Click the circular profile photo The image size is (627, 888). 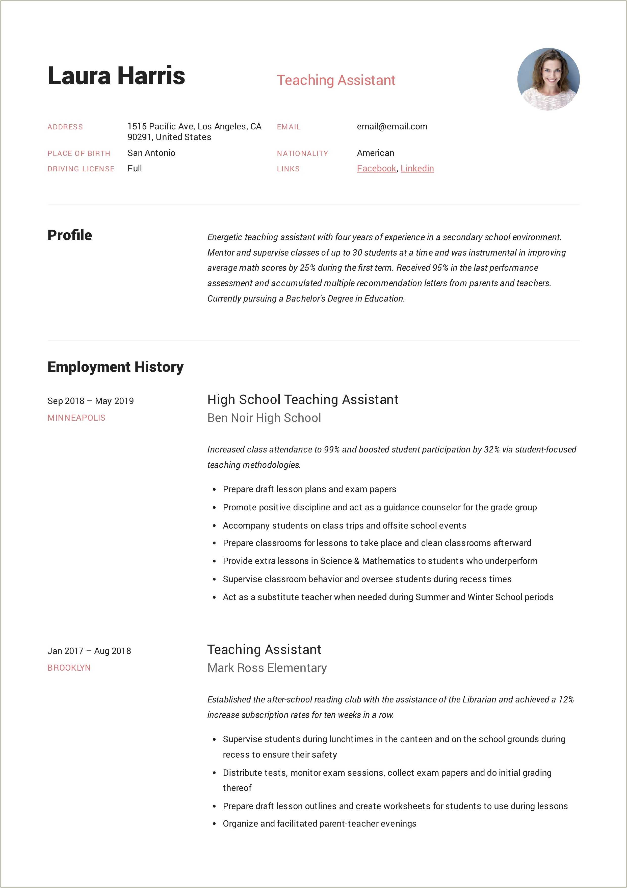[x=548, y=79]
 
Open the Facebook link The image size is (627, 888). [x=376, y=168]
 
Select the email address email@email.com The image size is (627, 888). [x=392, y=126]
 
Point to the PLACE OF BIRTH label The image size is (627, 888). [x=79, y=153]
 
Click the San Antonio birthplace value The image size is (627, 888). [x=151, y=153]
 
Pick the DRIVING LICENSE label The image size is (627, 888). [x=81, y=169]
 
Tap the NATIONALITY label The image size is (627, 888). [x=302, y=153]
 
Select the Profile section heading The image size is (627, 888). [x=69, y=235]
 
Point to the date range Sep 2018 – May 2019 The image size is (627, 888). [x=90, y=401]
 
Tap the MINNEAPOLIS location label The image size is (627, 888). [x=76, y=418]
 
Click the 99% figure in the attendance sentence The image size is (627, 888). [x=331, y=449]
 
